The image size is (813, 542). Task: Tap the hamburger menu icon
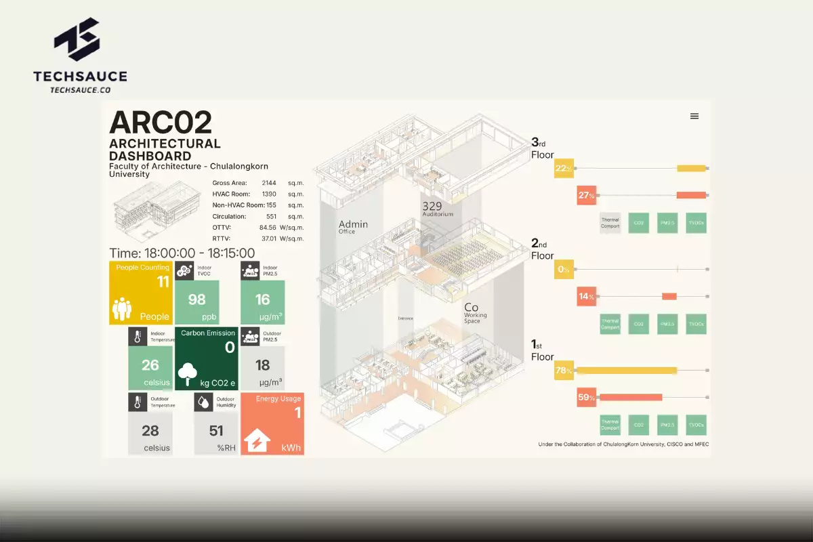pos(694,116)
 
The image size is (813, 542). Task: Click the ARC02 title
pos(161,123)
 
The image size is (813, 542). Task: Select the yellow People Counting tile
pos(140,293)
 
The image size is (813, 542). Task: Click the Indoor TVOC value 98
pos(196,299)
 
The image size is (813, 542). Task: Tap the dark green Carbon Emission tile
pos(207,359)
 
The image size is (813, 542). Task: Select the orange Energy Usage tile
pos(272,423)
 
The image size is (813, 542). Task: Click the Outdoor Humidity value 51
pos(216,431)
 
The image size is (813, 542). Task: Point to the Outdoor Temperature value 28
pos(150,431)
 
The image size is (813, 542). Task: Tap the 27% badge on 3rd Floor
pos(586,195)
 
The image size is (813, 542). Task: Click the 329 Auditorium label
pos(437,209)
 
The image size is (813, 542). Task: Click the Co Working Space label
pos(475,313)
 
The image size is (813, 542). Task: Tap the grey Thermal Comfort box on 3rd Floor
pos(610,222)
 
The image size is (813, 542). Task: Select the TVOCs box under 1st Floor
pos(696,425)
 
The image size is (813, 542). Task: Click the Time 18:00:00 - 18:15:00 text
pos(182,253)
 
